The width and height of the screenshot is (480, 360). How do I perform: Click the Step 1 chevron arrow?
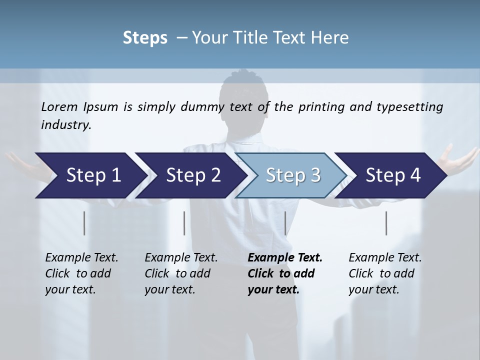(90, 175)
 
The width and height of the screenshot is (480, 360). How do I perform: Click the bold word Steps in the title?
(145, 38)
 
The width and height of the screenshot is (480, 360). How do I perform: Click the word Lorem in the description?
(59, 106)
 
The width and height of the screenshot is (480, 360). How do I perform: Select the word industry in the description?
(65, 124)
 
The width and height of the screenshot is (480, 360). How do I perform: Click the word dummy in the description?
(204, 106)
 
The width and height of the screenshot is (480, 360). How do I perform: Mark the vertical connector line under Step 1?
(84, 223)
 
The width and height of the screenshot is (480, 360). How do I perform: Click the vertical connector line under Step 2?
(184, 223)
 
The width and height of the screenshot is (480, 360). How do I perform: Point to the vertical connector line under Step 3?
(285, 223)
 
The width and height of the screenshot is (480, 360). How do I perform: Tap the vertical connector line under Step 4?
(386, 223)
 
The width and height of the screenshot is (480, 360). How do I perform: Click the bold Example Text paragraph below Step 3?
(284, 273)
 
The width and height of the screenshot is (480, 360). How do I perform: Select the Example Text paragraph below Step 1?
(81, 273)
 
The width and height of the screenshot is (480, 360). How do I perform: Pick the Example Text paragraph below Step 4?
(384, 273)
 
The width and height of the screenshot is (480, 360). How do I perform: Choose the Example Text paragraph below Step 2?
(181, 273)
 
